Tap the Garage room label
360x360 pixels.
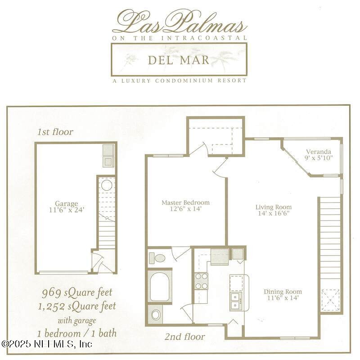[x=67, y=207]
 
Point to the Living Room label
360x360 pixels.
[x=272, y=210]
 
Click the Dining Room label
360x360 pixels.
[x=282, y=294]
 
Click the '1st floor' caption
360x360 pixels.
[x=55, y=132]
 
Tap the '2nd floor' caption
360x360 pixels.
[x=184, y=337]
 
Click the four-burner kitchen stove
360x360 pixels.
[x=201, y=281]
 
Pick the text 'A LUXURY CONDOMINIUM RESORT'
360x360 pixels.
[x=180, y=81]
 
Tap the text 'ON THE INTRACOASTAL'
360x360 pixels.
[x=180, y=38]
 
